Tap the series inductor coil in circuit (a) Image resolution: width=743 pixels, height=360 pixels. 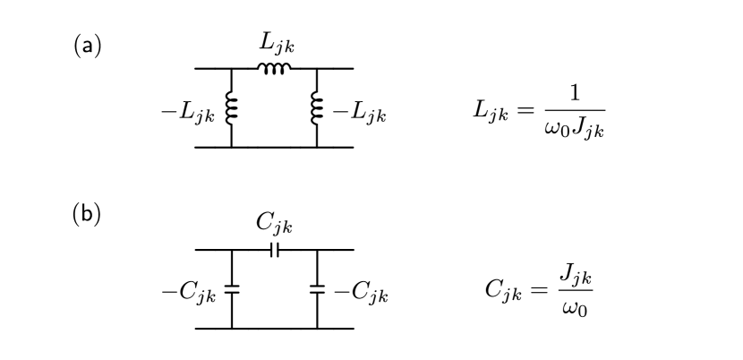(274, 68)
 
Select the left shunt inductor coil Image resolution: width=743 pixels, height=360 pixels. (231, 108)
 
